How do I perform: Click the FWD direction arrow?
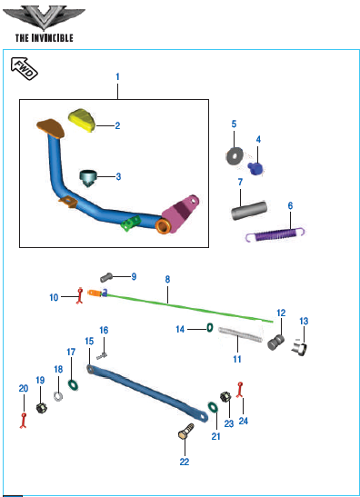coord(25,68)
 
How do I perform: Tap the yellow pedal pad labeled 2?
coord(82,120)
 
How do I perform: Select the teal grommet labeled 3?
coord(88,178)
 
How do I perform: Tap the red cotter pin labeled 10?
coord(80,296)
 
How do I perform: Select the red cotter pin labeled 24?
coord(240,390)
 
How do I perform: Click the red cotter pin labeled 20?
coord(23,421)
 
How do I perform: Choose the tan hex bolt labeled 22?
coord(185,432)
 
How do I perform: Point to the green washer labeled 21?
coord(213,407)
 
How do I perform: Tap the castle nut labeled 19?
coord(41,408)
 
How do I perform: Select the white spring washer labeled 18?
coord(58,396)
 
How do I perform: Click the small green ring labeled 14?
coord(210,328)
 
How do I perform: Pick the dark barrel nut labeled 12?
coord(275,343)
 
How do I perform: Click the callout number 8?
coord(167,279)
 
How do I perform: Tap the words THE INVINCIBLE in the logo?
coord(44,38)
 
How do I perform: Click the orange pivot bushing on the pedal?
coord(164,225)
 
